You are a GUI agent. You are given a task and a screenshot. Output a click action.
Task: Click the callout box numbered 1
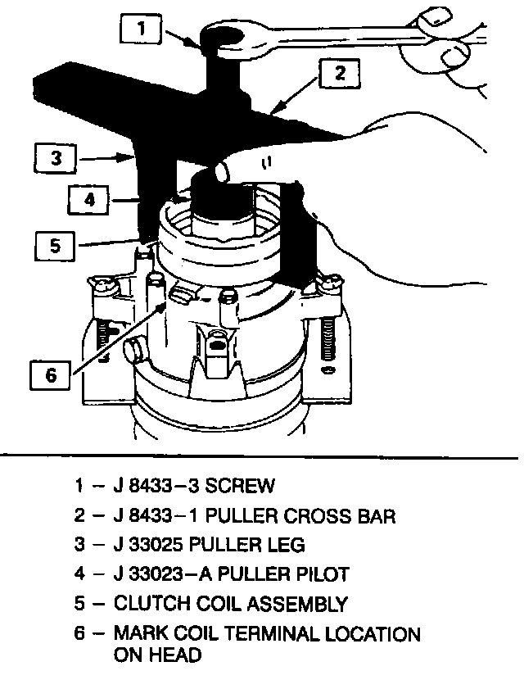141,30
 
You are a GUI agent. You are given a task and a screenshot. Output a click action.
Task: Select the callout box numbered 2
338,73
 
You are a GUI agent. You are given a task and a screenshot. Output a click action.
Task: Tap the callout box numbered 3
55,158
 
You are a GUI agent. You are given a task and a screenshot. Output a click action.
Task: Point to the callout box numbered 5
55,244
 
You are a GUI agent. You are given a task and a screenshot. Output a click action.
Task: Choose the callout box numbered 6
51,374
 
